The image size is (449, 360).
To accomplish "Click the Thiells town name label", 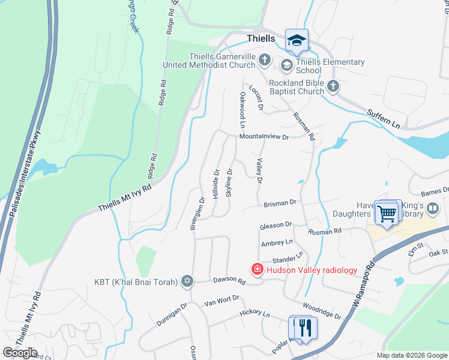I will coord(261,38).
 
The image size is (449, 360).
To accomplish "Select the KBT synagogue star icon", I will coord(187,281).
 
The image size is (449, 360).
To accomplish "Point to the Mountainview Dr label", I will coord(264,137).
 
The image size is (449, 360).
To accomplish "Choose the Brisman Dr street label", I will coord(280,203).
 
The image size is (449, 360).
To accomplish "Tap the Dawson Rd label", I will coord(229,281).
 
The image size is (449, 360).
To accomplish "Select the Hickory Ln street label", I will coord(255,313).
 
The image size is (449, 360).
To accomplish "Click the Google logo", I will coord(20,353).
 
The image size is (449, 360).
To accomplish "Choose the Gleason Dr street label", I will coord(276,225).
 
